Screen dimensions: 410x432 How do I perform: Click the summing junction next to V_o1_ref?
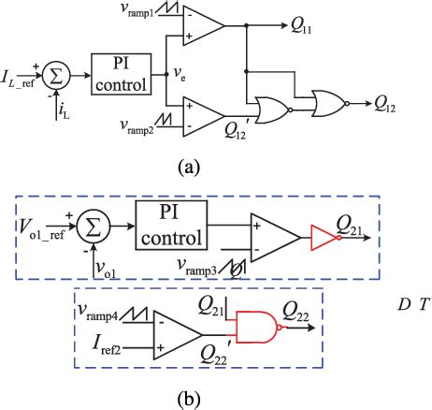[93, 227]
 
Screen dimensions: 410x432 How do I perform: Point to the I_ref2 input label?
[102, 347]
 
